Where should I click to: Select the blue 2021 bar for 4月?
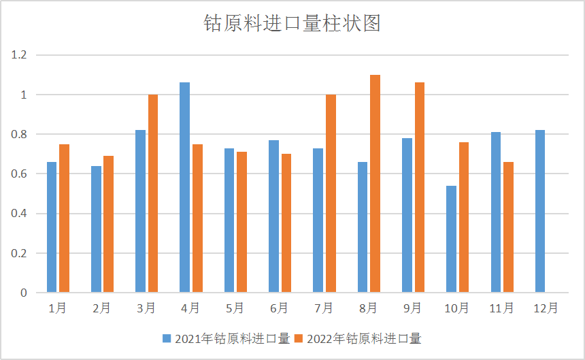pos(184,188)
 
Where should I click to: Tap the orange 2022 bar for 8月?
pos(375,184)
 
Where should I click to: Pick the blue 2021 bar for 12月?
pos(540,212)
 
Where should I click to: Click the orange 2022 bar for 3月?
pos(153,194)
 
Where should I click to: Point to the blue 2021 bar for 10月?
pos(451,240)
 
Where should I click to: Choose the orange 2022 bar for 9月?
pos(419,188)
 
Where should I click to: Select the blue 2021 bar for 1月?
pos(52,227)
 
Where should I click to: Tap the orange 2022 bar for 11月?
pos(508,227)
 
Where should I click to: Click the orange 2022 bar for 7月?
pos(331,194)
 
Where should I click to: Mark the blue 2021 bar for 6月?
pos(273,216)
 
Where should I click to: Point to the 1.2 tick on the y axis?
pos(18,55)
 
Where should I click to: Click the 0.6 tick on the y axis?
pos(18,174)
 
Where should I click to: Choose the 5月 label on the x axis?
pos(235,308)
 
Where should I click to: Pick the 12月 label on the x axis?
pos(546,308)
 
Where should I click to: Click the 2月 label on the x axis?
pos(101,308)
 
